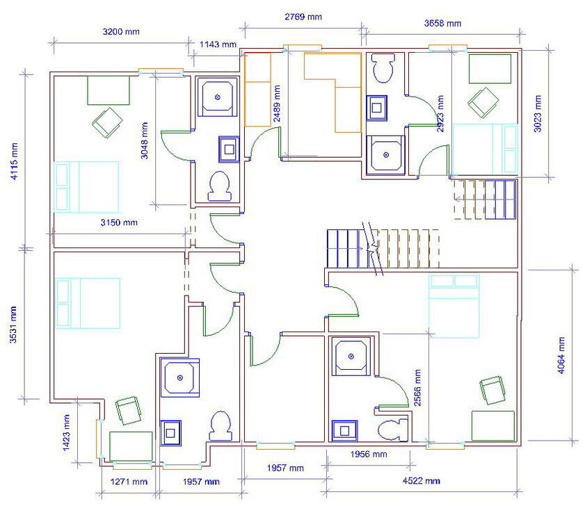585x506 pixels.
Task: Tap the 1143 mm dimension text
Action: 218,44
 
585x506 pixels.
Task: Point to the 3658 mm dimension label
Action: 442,23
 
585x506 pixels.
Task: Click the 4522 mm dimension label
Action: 422,481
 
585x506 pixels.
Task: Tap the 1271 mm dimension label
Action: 129,481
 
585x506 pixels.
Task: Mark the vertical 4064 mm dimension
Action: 561,355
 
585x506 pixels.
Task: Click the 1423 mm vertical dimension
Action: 67,433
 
